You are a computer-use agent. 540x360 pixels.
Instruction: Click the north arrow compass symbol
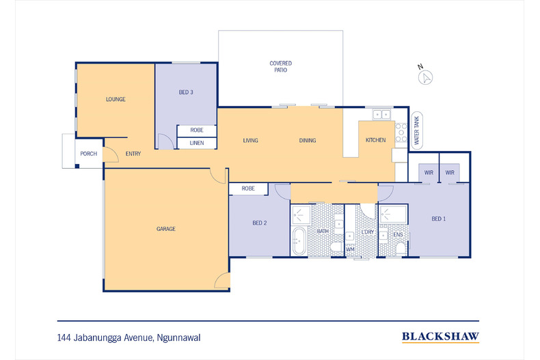pos(425,75)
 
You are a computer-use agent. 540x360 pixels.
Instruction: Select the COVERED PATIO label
pos(280,66)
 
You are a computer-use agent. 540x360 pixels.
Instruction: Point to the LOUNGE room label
pos(116,99)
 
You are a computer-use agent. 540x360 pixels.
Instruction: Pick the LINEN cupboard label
pos(197,143)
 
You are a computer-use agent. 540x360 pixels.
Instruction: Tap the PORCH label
pos(89,154)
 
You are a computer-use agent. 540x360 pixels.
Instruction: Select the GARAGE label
pos(165,229)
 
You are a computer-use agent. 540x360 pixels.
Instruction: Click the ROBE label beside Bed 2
pos(248,188)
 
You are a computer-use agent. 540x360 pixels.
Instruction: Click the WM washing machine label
pos(350,249)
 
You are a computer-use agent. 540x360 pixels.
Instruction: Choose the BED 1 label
pos(438,219)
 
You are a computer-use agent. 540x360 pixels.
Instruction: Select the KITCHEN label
pos(375,140)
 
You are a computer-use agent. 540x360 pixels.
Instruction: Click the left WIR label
pos(429,173)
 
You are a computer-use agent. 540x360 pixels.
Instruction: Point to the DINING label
pos(308,140)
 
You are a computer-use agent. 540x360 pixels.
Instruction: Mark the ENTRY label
pos(133,154)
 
